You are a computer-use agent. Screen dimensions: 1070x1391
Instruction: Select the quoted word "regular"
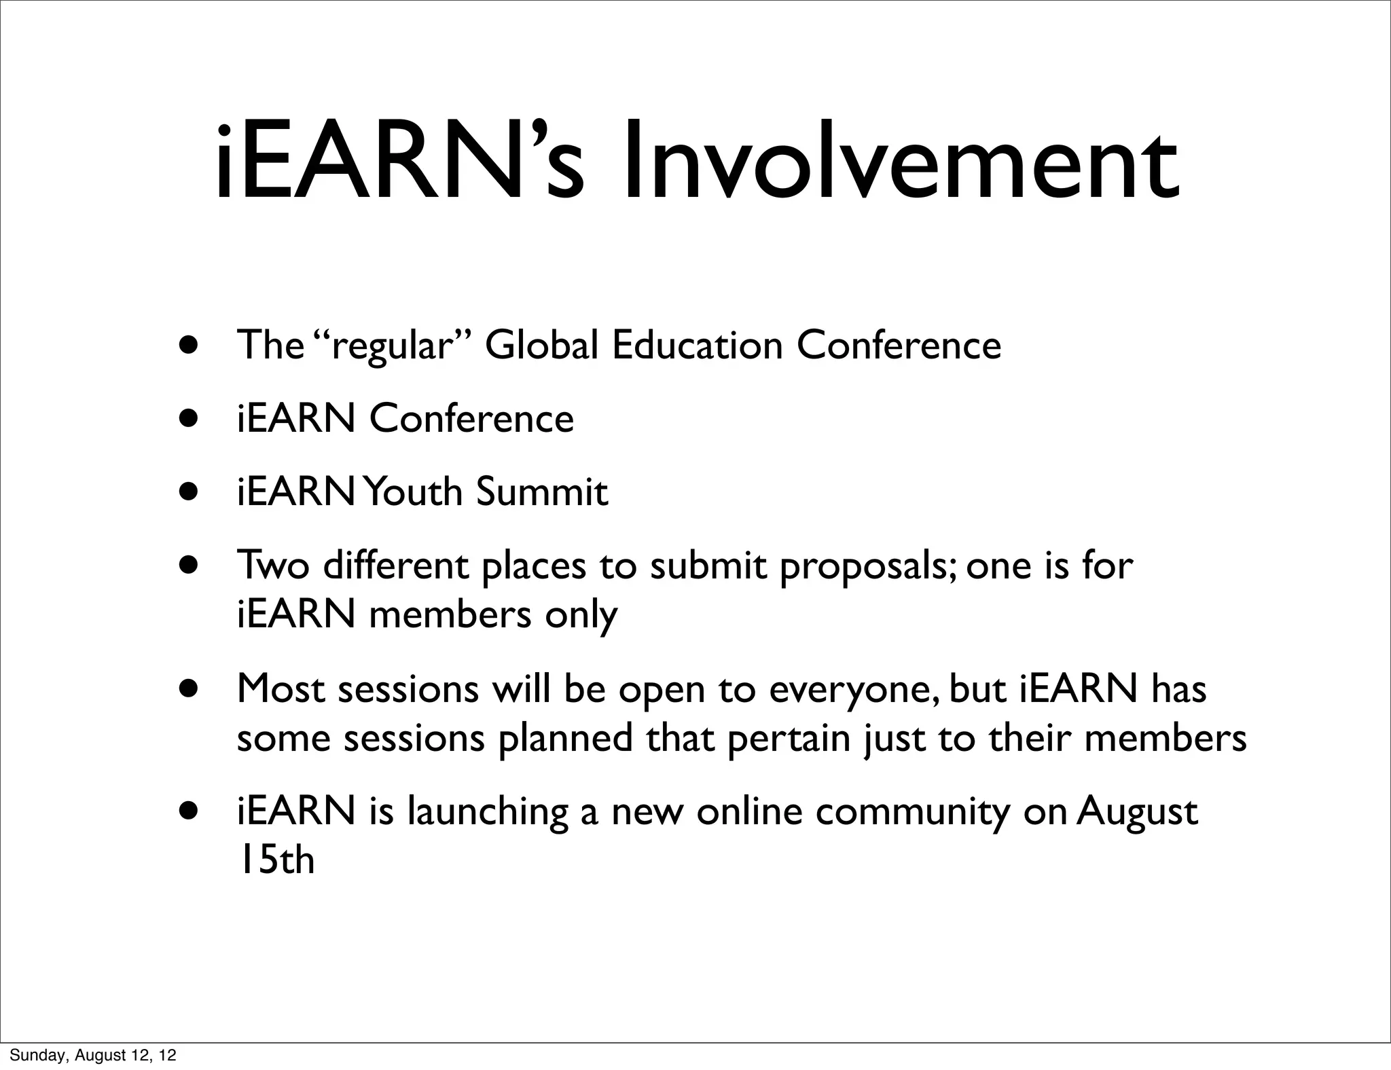pyautogui.click(x=392, y=346)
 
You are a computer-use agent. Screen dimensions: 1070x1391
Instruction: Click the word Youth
pyautogui.click(x=412, y=492)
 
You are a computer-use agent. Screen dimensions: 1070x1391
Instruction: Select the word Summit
pyautogui.click(x=541, y=492)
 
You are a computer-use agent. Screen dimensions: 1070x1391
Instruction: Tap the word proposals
pyautogui.click(x=868, y=567)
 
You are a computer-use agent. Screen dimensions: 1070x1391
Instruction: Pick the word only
pyautogui.click(x=581, y=615)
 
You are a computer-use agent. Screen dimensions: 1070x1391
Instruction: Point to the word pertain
pyautogui.click(x=789, y=739)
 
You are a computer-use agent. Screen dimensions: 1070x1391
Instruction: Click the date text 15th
pyautogui.click(x=276, y=860)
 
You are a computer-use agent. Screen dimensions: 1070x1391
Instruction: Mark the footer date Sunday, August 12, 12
pyautogui.click(x=93, y=1055)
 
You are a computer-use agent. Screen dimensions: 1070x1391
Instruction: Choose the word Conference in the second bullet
pyautogui.click(x=471, y=418)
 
